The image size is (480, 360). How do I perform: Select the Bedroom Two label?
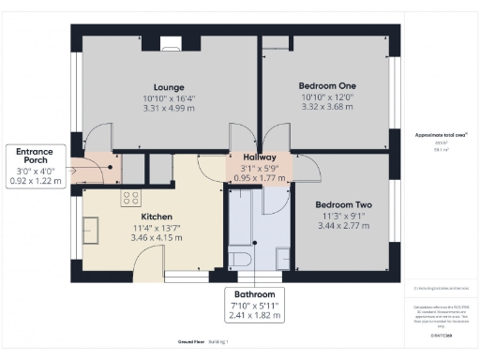(343, 204)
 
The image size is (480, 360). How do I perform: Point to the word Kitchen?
(157, 217)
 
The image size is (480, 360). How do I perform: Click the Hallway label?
(260, 157)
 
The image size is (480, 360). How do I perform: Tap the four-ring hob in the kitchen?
(130, 198)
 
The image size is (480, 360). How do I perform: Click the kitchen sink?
(93, 230)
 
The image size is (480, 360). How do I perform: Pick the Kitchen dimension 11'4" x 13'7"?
(157, 227)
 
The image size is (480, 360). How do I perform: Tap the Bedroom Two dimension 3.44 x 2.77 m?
(343, 226)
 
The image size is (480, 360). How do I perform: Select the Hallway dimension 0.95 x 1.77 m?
(260, 176)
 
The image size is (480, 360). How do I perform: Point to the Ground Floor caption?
(190, 342)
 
